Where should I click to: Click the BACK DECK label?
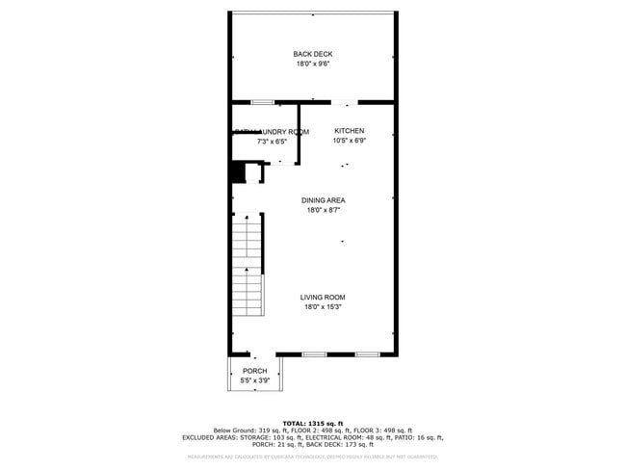click(x=313, y=54)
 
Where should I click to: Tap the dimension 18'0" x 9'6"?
click(x=313, y=65)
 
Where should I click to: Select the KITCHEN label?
click(x=349, y=131)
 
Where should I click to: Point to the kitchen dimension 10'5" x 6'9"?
click(x=349, y=141)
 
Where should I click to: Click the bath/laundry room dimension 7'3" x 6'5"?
click(x=272, y=142)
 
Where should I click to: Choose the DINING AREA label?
click(x=324, y=200)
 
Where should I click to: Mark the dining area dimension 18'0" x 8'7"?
click(x=324, y=210)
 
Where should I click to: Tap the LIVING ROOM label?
click(x=323, y=297)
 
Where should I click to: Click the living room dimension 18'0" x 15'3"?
click(x=323, y=307)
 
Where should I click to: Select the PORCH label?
click(x=254, y=371)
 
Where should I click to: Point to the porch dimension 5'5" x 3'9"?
click(x=254, y=380)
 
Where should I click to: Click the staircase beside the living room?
click(x=248, y=264)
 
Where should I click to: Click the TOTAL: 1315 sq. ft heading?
click(x=312, y=423)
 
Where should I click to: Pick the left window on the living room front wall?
click(x=314, y=354)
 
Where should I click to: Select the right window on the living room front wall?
click(x=367, y=354)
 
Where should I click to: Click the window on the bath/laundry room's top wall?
click(x=262, y=101)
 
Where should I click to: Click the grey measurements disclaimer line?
click(x=312, y=457)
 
